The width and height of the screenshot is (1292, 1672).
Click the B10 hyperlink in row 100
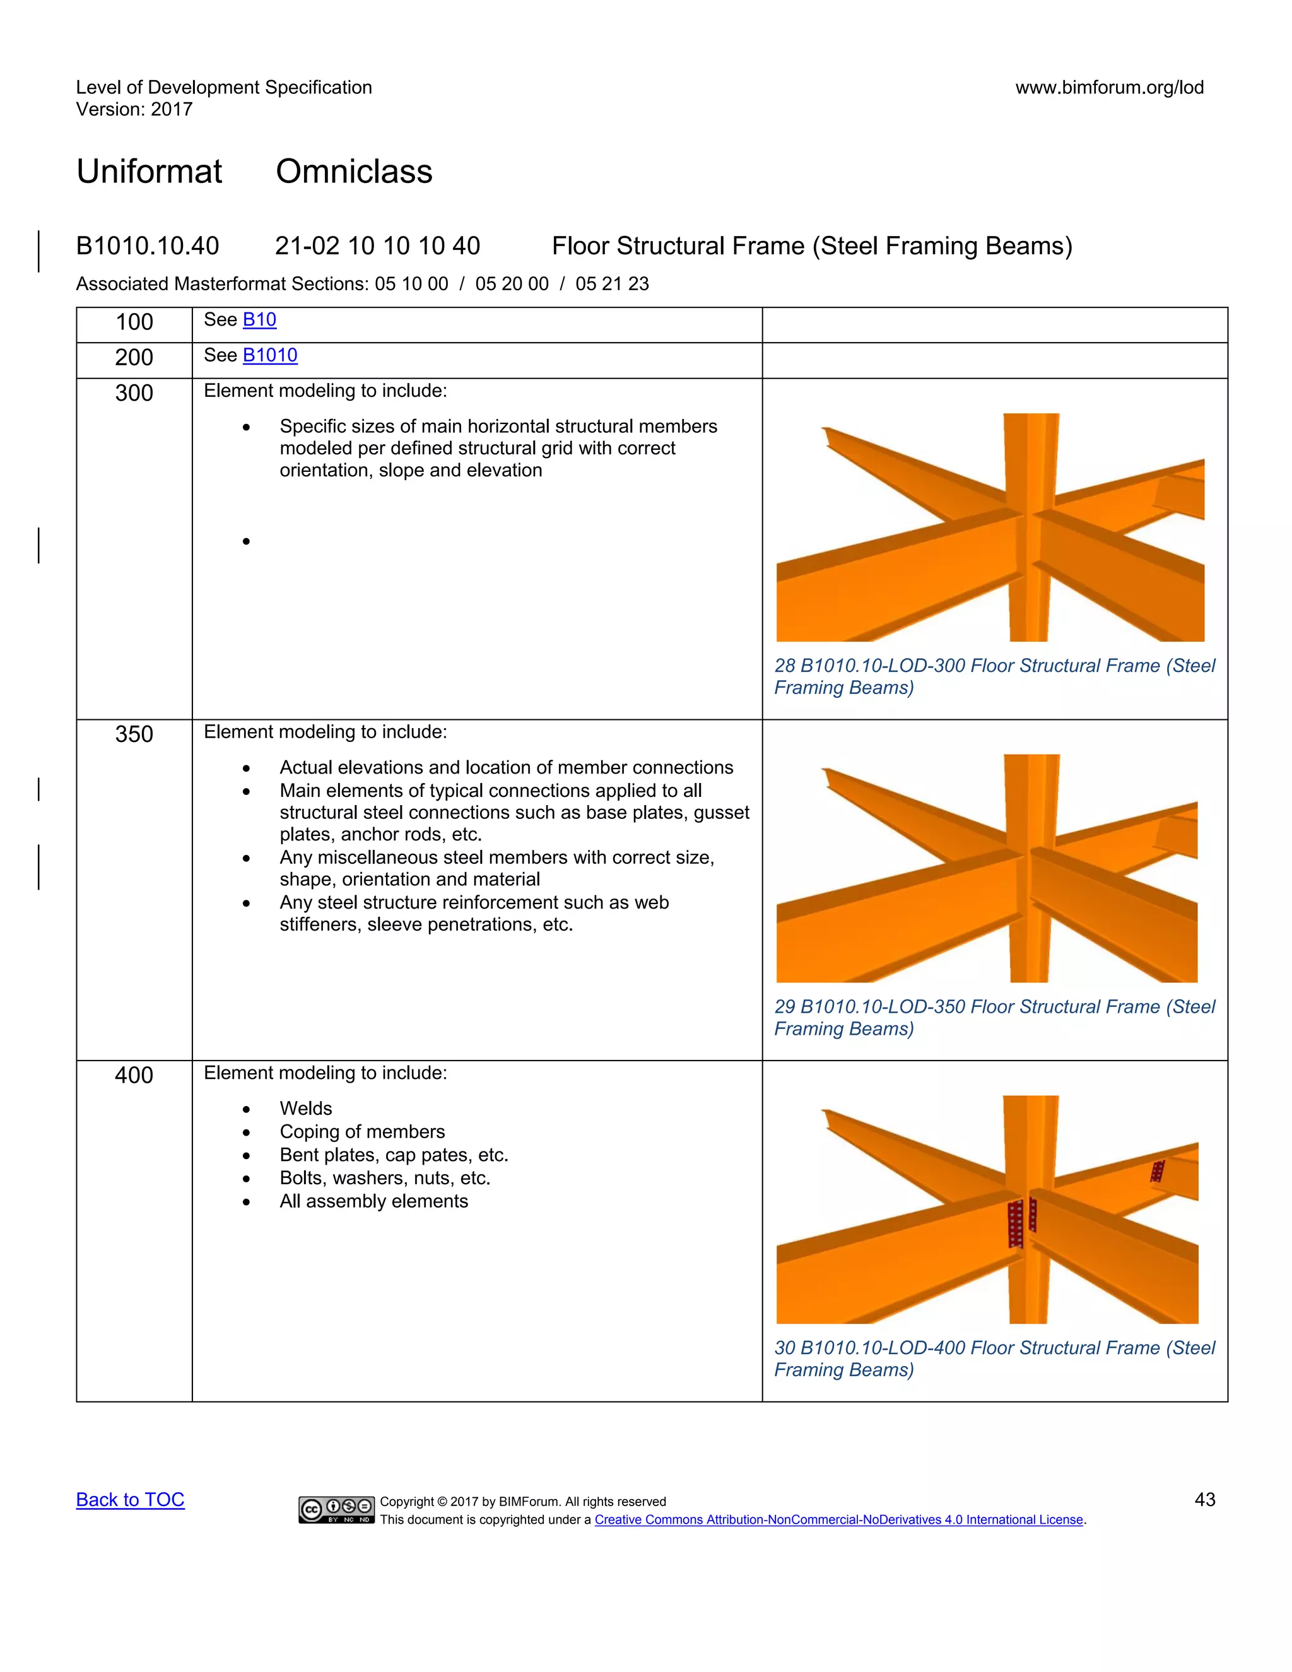coord(259,320)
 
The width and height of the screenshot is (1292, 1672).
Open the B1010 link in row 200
coord(269,355)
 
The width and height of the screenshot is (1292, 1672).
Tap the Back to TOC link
coord(130,1499)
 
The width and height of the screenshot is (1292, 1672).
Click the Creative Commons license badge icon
coord(336,1509)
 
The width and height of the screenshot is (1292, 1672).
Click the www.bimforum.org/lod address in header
coord(1109,87)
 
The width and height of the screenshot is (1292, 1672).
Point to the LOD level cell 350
coord(134,734)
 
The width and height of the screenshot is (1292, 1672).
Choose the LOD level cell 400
coord(134,1075)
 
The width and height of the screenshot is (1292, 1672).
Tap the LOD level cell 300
coord(134,392)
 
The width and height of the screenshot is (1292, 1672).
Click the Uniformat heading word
coord(150,172)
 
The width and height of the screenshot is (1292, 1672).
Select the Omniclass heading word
coord(354,172)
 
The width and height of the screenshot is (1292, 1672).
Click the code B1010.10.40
coord(148,245)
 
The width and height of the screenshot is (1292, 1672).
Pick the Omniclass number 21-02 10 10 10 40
coord(377,245)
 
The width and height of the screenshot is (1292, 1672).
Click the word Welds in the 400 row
coord(305,1108)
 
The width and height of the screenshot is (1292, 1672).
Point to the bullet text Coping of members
coord(361,1131)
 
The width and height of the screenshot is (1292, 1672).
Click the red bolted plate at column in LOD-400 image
coord(1016,1223)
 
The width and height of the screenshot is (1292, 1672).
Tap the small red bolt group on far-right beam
coord(1157,1171)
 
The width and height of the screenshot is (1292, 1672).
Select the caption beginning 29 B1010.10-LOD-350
coord(994,1018)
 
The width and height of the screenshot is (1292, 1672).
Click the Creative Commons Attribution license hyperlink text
coord(839,1520)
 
